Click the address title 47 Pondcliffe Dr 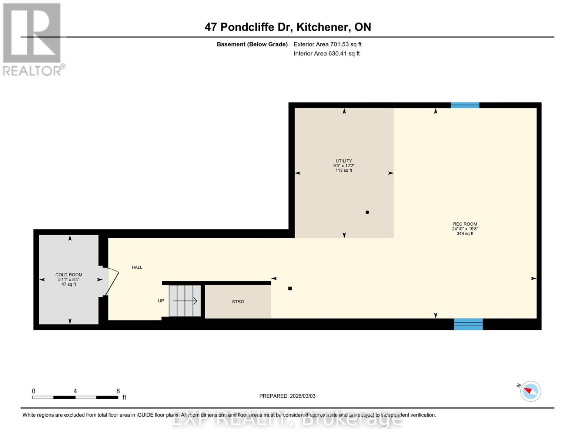(288, 27)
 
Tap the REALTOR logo (33, 39)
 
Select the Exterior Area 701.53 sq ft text (327, 44)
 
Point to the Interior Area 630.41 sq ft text (327, 53)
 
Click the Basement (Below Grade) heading (252, 44)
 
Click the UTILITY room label (344, 161)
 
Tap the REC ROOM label (465, 224)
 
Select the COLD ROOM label (69, 275)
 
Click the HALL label (137, 267)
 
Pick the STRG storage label (238, 302)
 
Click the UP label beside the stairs (161, 301)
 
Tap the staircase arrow (185, 301)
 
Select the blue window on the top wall (465, 105)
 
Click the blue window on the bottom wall (468, 324)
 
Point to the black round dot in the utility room (367, 212)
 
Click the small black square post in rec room (290, 288)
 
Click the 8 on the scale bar (118, 391)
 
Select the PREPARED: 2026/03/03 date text (287, 396)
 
